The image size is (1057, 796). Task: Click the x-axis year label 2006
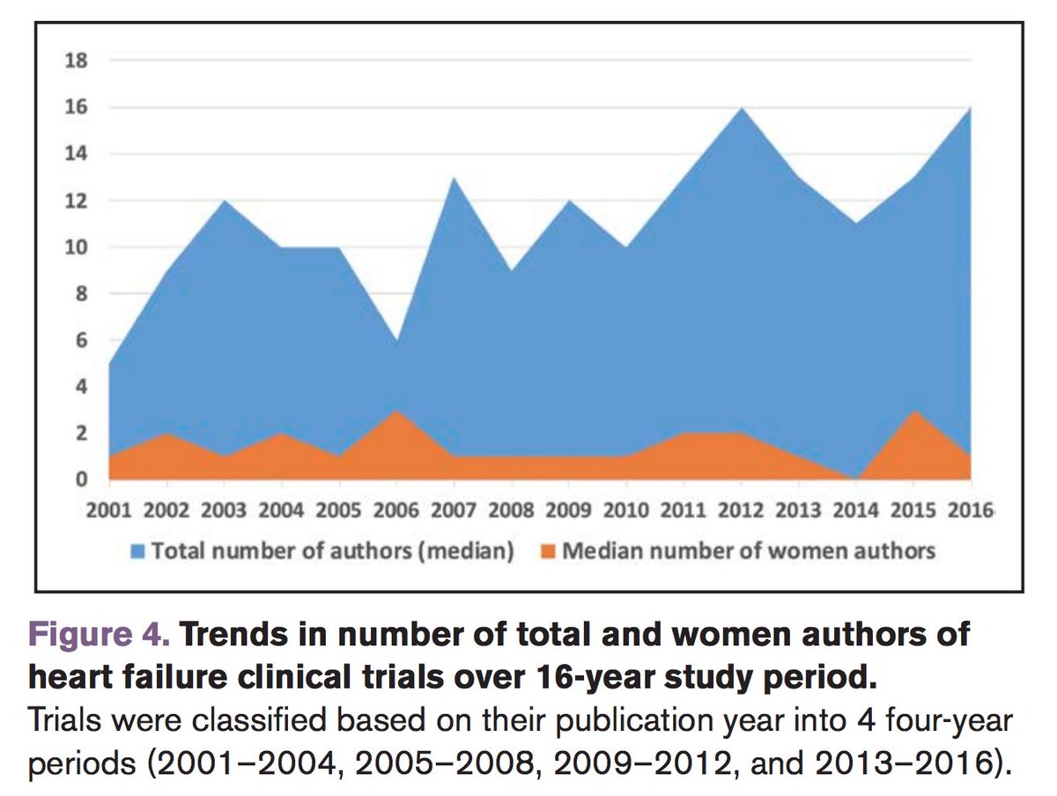[x=396, y=511]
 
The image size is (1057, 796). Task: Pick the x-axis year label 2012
[x=741, y=511]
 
